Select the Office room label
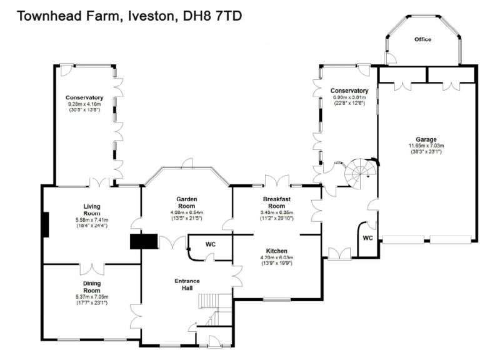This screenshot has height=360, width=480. (423, 39)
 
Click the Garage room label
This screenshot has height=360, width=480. (426, 139)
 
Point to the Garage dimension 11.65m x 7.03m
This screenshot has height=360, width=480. (426, 146)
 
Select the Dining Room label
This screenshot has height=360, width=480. (92, 287)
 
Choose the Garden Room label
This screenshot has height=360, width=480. (187, 202)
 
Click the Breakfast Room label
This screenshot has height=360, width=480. (276, 202)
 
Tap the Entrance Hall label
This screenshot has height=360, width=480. (187, 284)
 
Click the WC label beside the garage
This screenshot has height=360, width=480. (368, 238)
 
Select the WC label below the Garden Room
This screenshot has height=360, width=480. (210, 244)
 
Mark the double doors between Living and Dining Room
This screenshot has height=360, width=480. (92, 267)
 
